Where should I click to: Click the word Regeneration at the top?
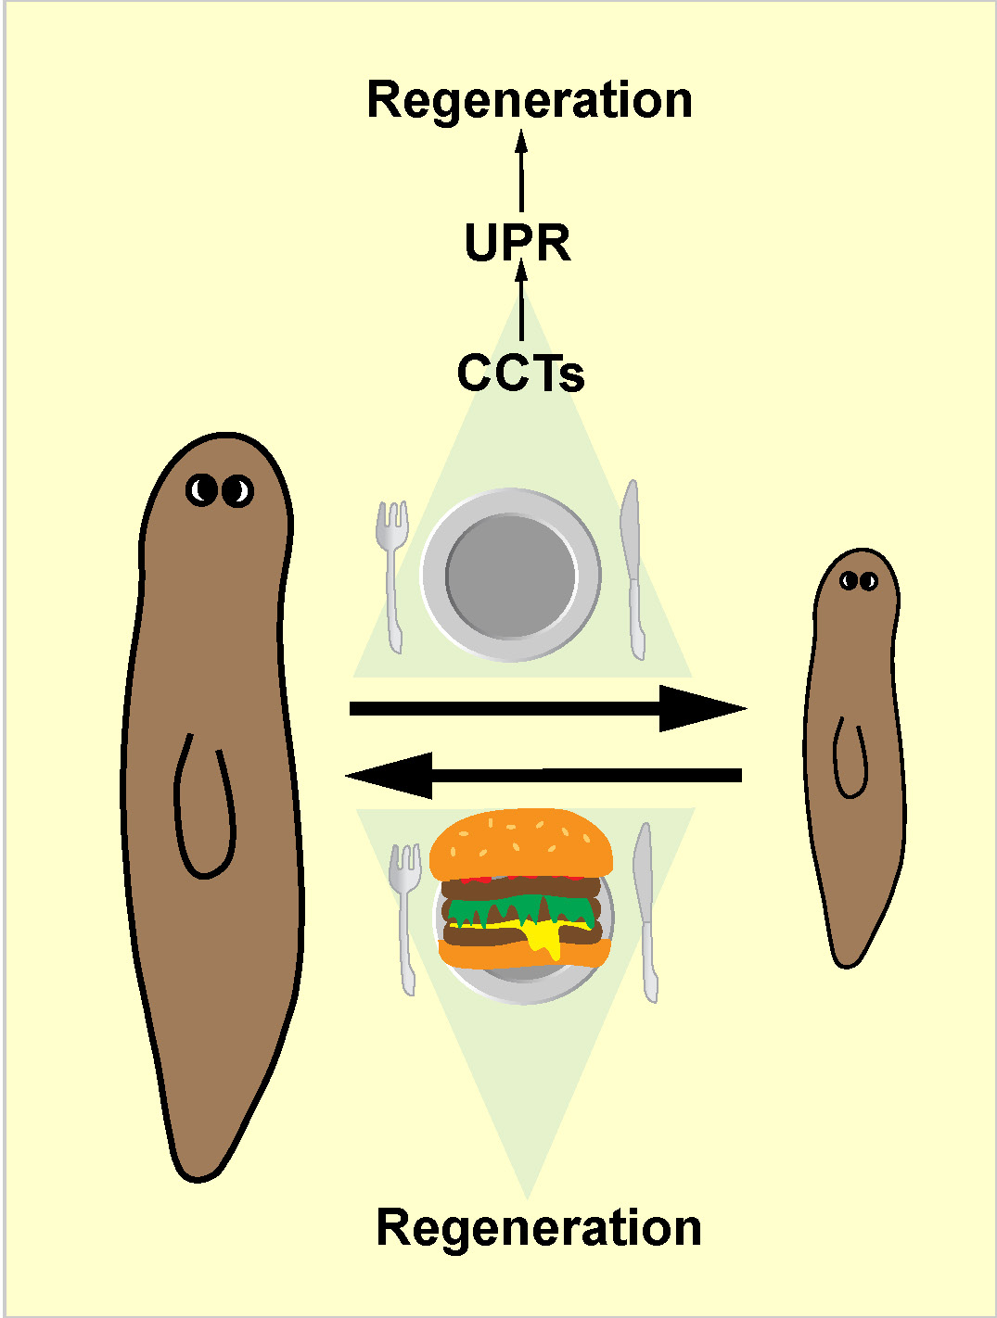click(530, 100)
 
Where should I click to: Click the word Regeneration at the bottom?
click(539, 1228)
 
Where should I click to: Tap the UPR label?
click(518, 243)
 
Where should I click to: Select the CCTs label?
click(520, 374)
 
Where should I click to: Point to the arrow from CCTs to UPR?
click(522, 301)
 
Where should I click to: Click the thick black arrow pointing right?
click(547, 709)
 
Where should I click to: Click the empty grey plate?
click(511, 575)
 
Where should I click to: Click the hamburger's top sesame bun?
click(521, 843)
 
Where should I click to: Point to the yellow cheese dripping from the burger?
click(545, 938)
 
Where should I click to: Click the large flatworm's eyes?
click(220, 490)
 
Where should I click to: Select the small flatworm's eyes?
click(859, 581)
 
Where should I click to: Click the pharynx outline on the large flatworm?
click(205, 806)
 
